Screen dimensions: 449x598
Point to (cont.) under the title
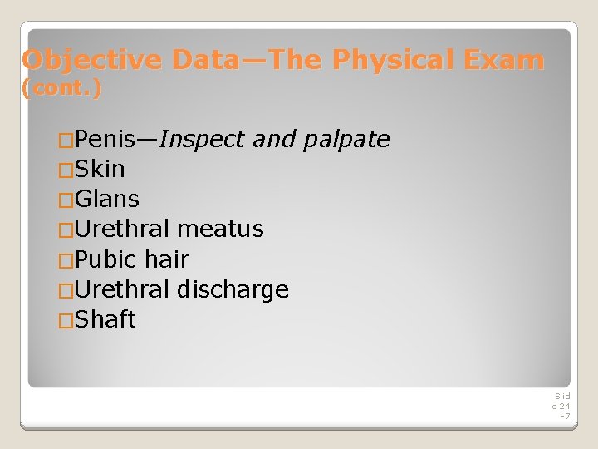[62, 88]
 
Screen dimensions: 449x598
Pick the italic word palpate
[346, 139]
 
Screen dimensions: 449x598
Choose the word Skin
[100, 170]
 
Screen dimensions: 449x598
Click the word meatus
[220, 229]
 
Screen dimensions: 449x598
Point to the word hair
[167, 259]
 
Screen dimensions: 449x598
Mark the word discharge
[233, 289]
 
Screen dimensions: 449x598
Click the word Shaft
[105, 319]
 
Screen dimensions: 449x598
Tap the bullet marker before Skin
[66, 170]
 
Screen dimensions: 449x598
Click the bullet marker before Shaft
[66, 320]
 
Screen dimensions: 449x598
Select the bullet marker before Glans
[66, 200]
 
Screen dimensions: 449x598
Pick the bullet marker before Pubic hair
[66, 260]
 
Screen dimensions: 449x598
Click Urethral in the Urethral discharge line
[122, 289]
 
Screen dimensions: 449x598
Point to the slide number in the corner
[562, 406]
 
